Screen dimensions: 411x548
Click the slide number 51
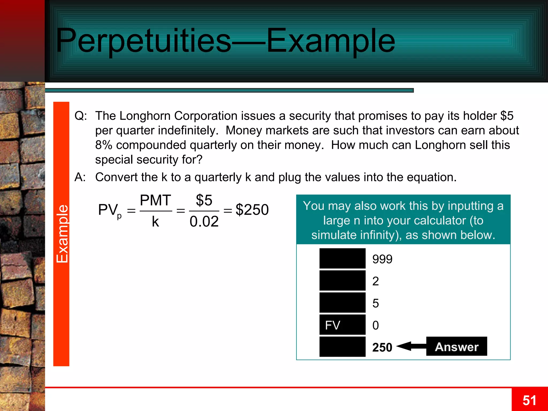(x=529, y=401)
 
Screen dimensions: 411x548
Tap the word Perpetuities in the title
(x=143, y=41)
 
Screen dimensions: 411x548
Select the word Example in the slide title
(x=331, y=41)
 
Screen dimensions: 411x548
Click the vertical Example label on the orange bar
(x=62, y=234)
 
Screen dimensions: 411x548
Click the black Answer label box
(x=456, y=347)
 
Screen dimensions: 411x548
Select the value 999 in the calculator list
(x=382, y=259)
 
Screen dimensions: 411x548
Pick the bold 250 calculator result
(x=382, y=347)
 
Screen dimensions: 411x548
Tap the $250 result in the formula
(x=252, y=210)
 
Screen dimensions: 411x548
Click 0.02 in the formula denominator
(x=204, y=222)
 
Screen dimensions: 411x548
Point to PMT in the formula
(x=155, y=200)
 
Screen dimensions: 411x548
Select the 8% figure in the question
(x=104, y=145)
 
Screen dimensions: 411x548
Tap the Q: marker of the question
(x=81, y=116)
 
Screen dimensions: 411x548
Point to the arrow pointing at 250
(x=411, y=346)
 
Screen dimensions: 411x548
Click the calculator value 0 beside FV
(x=375, y=325)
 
